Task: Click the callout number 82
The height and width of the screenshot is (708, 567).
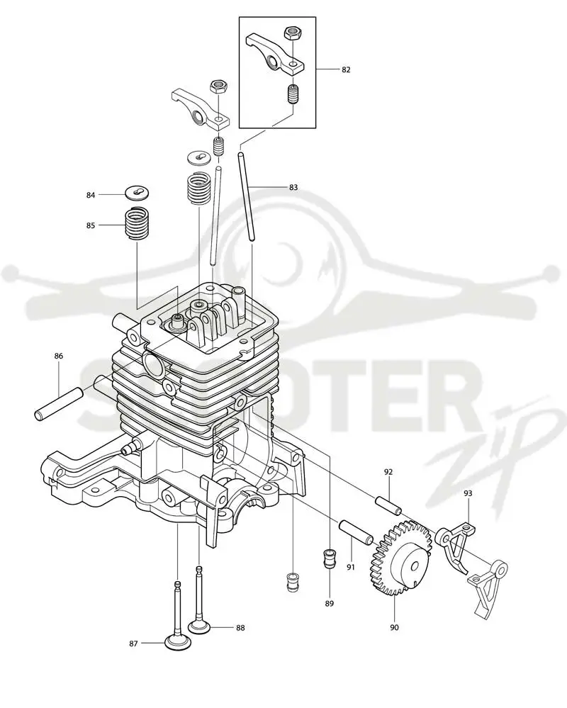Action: click(x=346, y=69)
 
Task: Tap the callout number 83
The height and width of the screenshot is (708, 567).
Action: click(x=293, y=187)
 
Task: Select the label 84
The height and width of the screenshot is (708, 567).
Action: click(x=91, y=195)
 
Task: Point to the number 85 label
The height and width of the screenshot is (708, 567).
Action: click(x=91, y=225)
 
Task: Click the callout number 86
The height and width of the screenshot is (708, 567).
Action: click(x=59, y=356)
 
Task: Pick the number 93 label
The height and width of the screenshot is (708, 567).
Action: click(x=468, y=493)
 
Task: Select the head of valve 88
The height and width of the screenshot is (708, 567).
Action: click(x=201, y=627)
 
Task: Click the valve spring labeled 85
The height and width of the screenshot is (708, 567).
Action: click(x=137, y=223)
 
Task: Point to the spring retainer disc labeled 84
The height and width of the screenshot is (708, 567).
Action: click(x=137, y=193)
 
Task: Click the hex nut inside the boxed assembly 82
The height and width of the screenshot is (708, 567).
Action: click(x=293, y=33)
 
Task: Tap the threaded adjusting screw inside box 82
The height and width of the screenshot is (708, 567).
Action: click(x=293, y=95)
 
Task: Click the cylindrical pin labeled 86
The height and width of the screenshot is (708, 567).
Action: click(x=59, y=403)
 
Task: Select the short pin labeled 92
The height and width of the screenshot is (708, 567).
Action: click(x=388, y=504)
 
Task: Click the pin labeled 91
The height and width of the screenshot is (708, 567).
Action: click(x=357, y=532)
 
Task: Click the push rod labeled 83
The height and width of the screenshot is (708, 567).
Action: click(x=247, y=197)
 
